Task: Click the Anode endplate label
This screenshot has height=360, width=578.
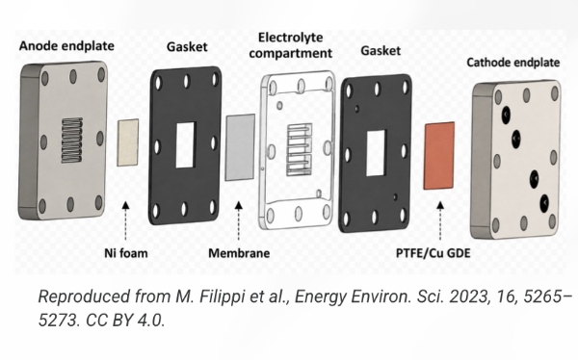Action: (66, 46)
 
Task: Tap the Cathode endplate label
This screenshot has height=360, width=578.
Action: (513, 63)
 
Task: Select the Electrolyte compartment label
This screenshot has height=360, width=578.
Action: (291, 45)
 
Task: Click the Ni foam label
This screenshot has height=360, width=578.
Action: (126, 253)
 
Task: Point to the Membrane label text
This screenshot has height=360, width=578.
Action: (239, 253)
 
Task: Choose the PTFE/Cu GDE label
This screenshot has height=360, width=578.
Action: (433, 253)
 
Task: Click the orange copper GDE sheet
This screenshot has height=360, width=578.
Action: (439, 156)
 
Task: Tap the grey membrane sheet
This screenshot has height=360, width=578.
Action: (240, 147)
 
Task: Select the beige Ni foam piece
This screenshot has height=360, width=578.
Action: (128, 142)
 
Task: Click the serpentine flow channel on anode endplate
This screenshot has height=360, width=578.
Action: (72, 141)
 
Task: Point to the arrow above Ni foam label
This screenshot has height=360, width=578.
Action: (125, 220)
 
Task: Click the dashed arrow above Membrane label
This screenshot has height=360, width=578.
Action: (239, 220)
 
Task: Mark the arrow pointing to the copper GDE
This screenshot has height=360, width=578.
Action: (440, 220)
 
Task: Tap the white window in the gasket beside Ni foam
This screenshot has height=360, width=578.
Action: (185, 145)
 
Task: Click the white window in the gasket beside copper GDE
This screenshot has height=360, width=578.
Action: (376, 152)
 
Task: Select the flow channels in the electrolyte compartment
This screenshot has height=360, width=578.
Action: (300, 149)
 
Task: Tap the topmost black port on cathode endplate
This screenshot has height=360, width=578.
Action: (506, 115)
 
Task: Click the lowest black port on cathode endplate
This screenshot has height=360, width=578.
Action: (544, 203)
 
